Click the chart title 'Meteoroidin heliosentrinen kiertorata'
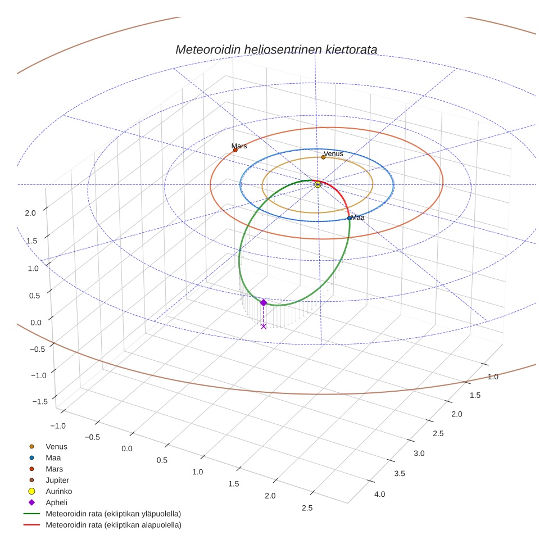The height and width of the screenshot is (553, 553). pyautogui.click(x=276, y=49)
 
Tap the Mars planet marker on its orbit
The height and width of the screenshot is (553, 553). pyautogui.click(x=235, y=150)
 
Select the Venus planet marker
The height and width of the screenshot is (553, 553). pyautogui.click(x=323, y=157)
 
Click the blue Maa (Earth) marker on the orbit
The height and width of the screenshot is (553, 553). pyautogui.click(x=349, y=218)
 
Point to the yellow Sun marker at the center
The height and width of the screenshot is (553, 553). pyautogui.click(x=318, y=184)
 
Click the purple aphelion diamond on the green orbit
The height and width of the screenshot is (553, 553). pyautogui.click(x=263, y=302)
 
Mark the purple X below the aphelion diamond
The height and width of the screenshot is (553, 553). pyautogui.click(x=264, y=326)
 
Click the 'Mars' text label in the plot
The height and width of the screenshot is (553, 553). pyautogui.click(x=239, y=146)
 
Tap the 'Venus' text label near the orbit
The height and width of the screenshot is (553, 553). pyautogui.click(x=333, y=153)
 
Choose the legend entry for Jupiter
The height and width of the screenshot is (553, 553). pyautogui.click(x=57, y=481)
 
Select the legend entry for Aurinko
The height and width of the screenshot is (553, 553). pyautogui.click(x=58, y=491)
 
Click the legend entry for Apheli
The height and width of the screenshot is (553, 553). pyautogui.click(x=56, y=502)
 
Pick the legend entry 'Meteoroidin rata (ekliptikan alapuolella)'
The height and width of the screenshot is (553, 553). pyautogui.click(x=113, y=525)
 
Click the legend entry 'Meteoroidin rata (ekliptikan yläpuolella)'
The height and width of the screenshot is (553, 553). pyautogui.click(x=113, y=514)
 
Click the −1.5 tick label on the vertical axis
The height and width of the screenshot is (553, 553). pyautogui.click(x=39, y=401)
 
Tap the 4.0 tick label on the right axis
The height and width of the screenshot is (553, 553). pyautogui.click(x=380, y=495)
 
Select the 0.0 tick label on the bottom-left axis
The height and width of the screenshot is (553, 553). pyautogui.click(x=126, y=448)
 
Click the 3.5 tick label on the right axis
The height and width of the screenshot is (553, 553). pyautogui.click(x=400, y=474)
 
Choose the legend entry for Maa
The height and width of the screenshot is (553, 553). pyautogui.click(x=53, y=458)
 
